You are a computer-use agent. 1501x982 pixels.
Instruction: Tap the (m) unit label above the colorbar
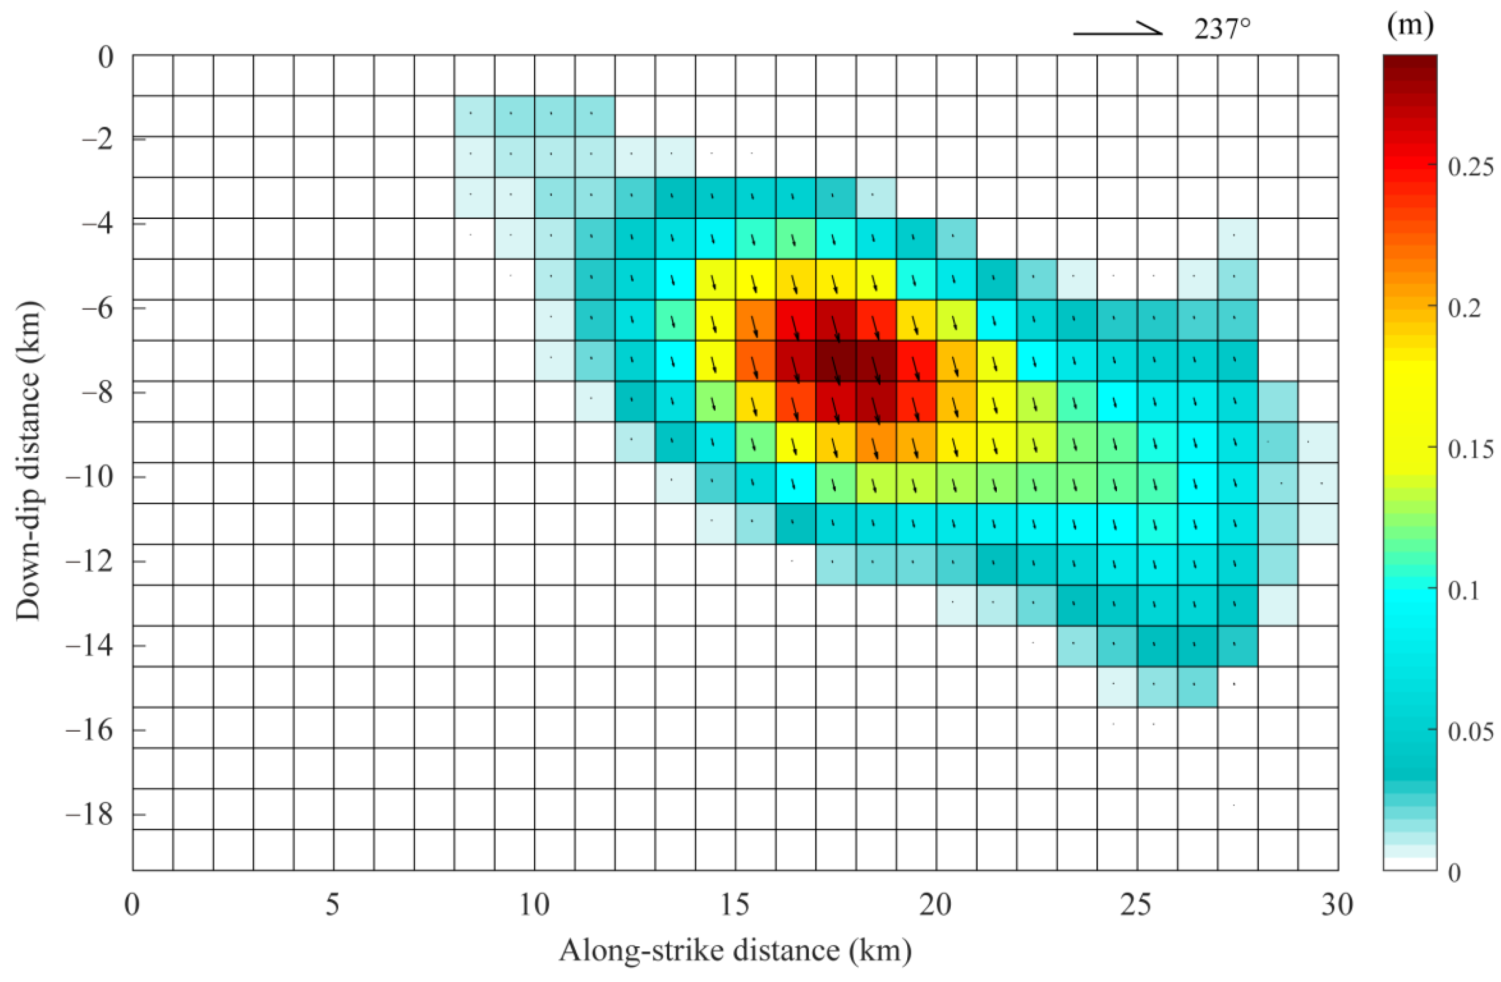click(1410, 26)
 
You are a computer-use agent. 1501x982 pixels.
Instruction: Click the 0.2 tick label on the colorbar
click(1464, 308)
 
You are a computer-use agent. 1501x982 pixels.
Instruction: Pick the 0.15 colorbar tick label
click(1470, 449)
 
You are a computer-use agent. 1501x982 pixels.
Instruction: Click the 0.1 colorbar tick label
click(1464, 590)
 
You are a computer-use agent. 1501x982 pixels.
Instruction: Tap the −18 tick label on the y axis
click(90, 815)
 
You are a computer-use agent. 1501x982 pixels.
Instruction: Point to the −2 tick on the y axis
click(98, 139)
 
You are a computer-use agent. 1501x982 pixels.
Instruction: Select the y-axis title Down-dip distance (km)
click(29, 462)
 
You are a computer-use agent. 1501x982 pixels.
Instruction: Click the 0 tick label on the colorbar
click(1454, 873)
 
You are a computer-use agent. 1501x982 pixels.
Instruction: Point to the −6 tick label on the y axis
click(98, 308)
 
